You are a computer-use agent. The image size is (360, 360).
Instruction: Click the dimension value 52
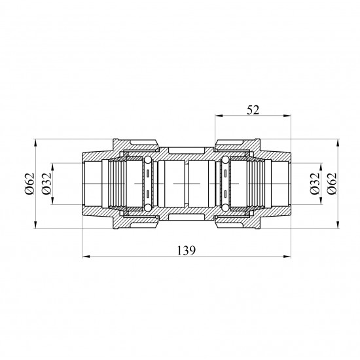pyautogui.click(x=253, y=110)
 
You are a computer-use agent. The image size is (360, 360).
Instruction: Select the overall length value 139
pyautogui.click(x=187, y=251)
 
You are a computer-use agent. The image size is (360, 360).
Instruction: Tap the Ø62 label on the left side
pyautogui.click(x=30, y=183)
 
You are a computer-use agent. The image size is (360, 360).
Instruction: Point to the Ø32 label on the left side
pyautogui.click(x=46, y=183)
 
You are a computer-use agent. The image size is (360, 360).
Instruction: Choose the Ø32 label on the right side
pyautogui.click(x=315, y=183)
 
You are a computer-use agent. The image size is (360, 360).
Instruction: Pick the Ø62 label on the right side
pyautogui.click(x=332, y=183)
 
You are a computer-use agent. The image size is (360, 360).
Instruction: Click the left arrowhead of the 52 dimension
pyautogui.click(x=219, y=116)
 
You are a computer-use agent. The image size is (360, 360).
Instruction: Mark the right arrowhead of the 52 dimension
pyautogui.click(x=287, y=116)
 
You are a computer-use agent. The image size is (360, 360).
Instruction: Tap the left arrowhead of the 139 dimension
pyautogui.click(x=86, y=257)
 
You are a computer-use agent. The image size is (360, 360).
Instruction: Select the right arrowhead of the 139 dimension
pyautogui.click(x=287, y=257)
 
